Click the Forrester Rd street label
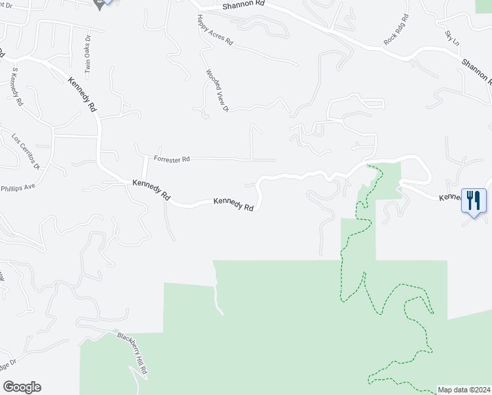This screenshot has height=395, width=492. (x=172, y=159)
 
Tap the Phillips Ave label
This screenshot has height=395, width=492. (x=17, y=187)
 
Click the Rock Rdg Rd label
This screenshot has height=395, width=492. (x=396, y=30)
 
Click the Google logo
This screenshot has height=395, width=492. (x=22, y=387)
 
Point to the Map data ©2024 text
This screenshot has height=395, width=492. (x=464, y=389)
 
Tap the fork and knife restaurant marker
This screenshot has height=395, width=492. (x=474, y=199)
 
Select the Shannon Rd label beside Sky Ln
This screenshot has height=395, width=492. (x=476, y=72)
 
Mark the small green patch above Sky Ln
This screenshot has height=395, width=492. (x=484, y=5)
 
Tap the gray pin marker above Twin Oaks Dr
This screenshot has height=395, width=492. (x=101, y=4)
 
